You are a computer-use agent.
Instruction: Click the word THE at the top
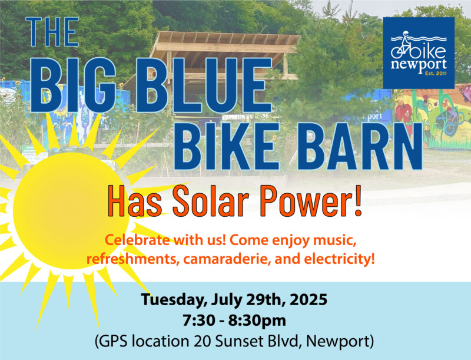pos(52,32)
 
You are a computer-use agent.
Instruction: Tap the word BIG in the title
pos(73,85)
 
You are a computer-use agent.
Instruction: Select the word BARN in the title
pos(360,146)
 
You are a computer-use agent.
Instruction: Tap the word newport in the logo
pos(419,64)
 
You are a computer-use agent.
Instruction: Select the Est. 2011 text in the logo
pos(436,73)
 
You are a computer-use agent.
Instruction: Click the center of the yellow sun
pos(71,211)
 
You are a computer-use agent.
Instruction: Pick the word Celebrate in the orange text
pos(137,240)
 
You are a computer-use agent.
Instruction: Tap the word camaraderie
pos(225,259)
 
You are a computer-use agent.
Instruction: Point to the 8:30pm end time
pos(257,321)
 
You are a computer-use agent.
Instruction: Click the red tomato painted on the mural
pos(404,114)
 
